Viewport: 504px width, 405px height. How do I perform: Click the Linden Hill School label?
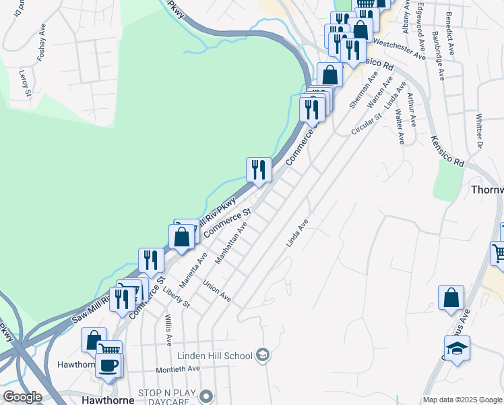[x=215, y=356]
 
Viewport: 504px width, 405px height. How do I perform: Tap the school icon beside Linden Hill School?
[x=263, y=356]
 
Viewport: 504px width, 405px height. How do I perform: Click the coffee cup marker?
[x=108, y=365]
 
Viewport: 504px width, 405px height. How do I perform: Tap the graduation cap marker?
[x=457, y=348]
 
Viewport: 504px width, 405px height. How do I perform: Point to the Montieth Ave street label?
[x=178, y=369]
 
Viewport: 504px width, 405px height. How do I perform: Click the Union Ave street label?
[x=217, y=292]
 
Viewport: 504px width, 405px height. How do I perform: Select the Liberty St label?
[x=177, y=298]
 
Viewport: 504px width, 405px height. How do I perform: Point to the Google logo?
[x=22, y=398]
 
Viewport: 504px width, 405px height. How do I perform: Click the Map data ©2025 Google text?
[x=462, y=400]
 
